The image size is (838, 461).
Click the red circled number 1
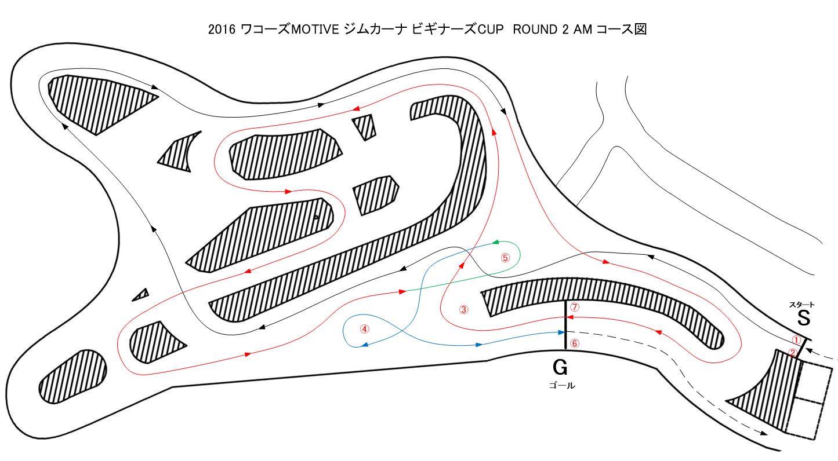click(796, 341)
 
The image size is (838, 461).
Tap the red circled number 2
click(792, 353)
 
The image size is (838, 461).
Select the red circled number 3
click(463, 309)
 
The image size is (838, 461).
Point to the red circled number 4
click(364, 329)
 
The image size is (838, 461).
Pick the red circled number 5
click(506, 258)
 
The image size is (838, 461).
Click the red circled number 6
click(574, 343)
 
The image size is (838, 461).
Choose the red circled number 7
click(574, 307)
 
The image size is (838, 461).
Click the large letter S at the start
click(804, 319)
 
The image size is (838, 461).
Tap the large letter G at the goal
click(560, 368)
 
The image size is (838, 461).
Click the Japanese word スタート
click(801, 305)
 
